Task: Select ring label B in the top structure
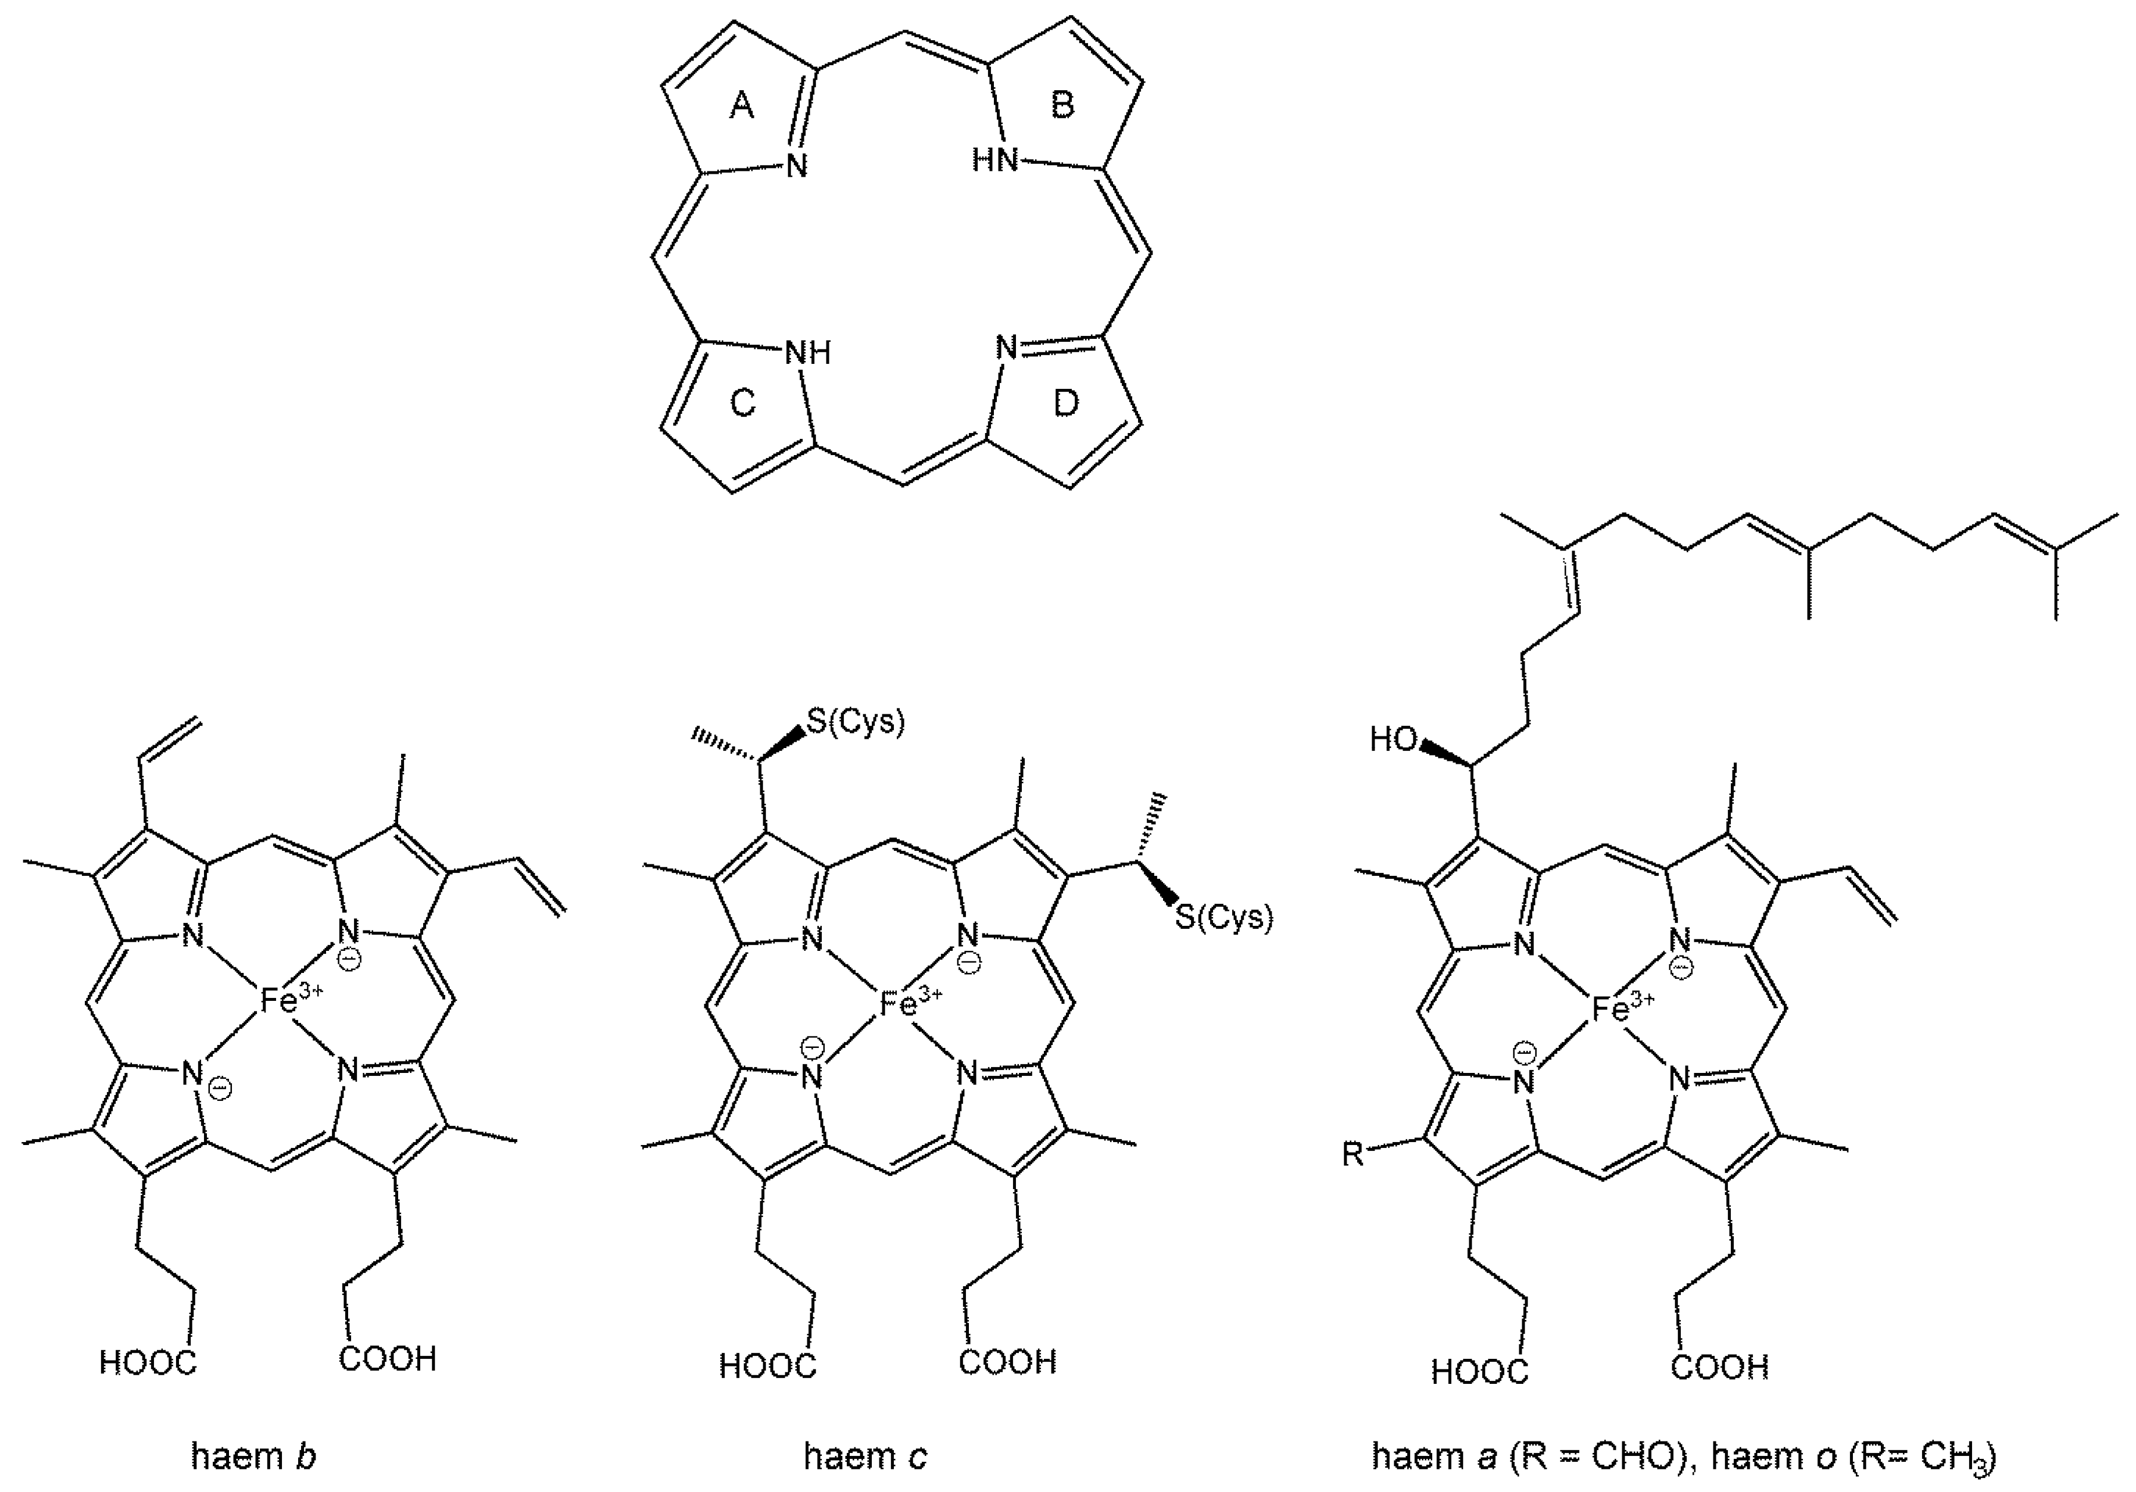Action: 1062,106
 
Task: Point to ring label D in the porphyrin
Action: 1065,403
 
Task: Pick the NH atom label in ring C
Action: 807,353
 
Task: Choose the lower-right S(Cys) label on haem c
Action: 1223,918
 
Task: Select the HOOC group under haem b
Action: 148,1363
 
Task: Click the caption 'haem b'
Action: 253,1456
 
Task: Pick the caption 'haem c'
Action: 865,1456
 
